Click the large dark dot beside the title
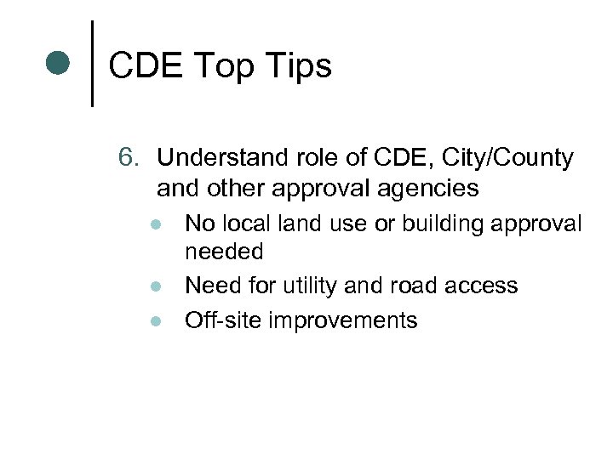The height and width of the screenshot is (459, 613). coord(57,64)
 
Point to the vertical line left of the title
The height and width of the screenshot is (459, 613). coord(92,63)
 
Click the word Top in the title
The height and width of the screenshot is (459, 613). coord(222,65)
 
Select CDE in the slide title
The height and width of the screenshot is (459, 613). coord(144,65)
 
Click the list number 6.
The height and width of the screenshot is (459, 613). coord(128,158)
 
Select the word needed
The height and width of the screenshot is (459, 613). coord(224,252)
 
